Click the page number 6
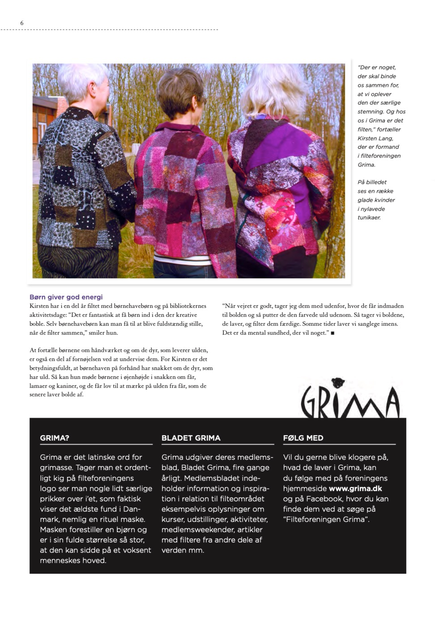tap(21, 23)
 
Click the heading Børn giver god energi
tap(66, 297)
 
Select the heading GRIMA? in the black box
tap(55, 438)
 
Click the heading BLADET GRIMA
tap(191, 438)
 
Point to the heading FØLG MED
tap(303, 438)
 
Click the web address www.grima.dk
tap(355, 488)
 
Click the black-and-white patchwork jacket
tap(85, 179)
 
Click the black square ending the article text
tap(333, 333)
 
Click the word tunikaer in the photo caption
tap(369, 218)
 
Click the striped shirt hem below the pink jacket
tap(183, 259)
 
